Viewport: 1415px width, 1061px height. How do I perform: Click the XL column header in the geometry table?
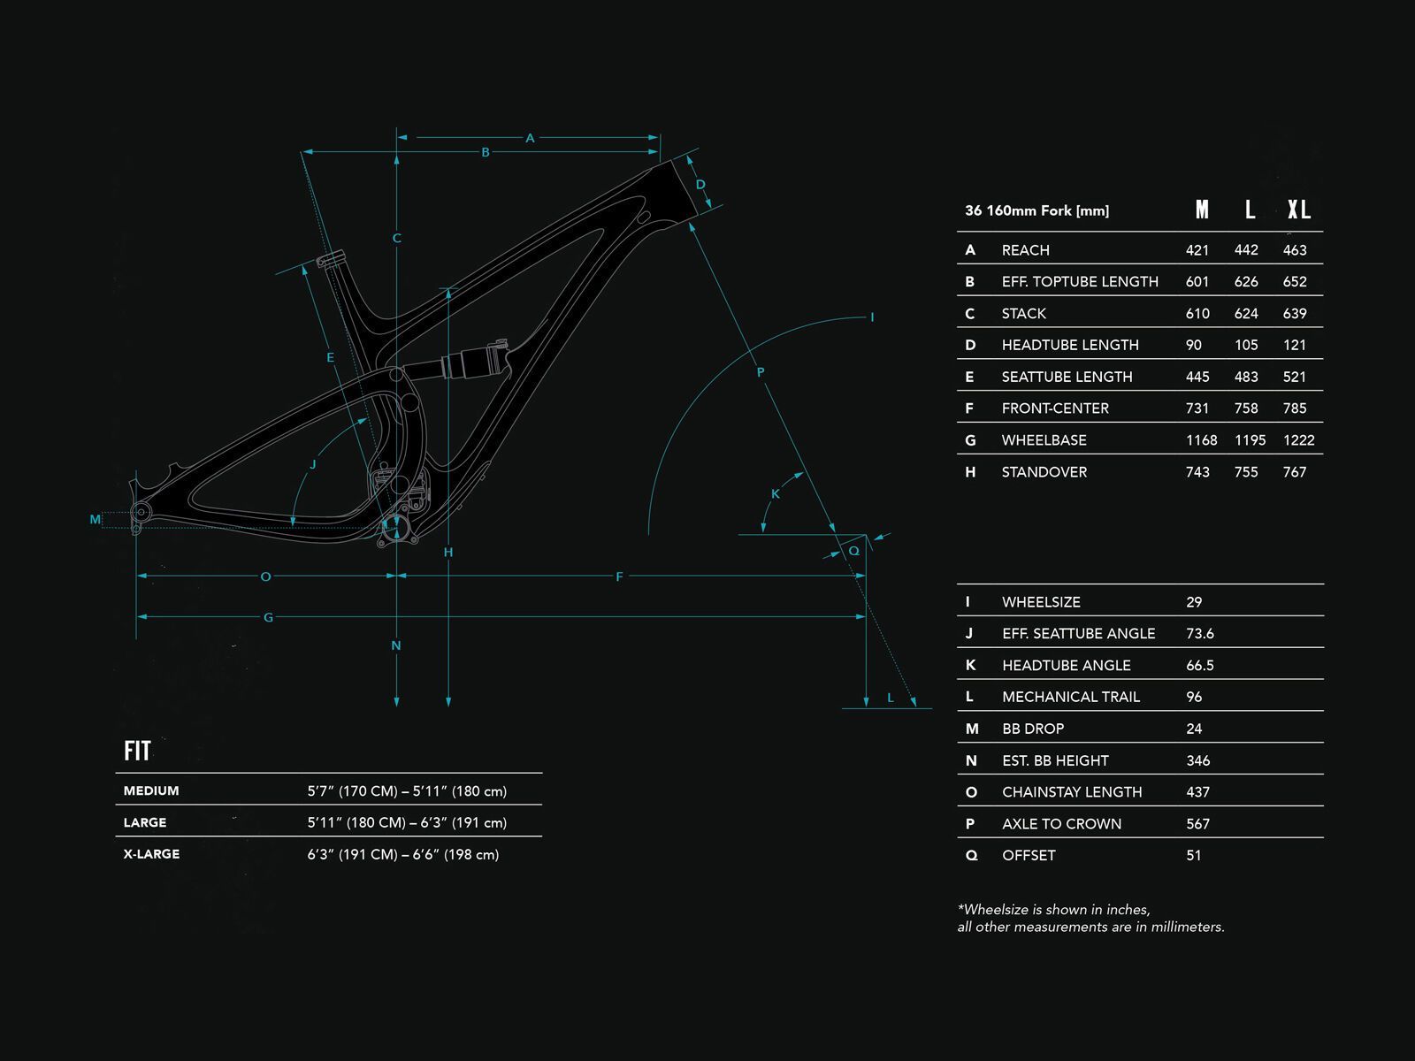[1298, 210]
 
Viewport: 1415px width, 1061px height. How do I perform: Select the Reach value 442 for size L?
[1246, 250]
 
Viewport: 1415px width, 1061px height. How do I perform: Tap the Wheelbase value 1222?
[1298, 440]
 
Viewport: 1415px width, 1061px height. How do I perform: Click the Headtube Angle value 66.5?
[1199, 666]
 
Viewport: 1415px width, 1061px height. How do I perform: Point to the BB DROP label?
[1032, 729]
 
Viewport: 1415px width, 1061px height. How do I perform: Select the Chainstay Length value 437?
[1197, 792]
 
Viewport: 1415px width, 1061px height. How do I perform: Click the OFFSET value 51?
[1193, 855]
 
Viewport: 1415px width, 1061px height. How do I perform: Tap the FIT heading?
[137, 751]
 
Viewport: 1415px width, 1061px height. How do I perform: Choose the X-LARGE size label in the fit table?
[151, 854]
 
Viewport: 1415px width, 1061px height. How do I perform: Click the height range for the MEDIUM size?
[407, 791]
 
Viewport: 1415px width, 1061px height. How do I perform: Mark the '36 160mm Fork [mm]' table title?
[1036, 210]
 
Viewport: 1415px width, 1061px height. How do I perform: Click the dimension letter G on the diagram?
[268, 617]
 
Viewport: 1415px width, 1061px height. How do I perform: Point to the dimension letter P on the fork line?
[760, 372]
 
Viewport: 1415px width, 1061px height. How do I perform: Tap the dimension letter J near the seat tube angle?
[312, 464]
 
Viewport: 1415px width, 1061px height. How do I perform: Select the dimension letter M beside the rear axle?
[95, 520]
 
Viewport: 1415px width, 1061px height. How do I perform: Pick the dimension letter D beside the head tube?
[700, 185]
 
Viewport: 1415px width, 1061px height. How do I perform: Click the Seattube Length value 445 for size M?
[1197, 377]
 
